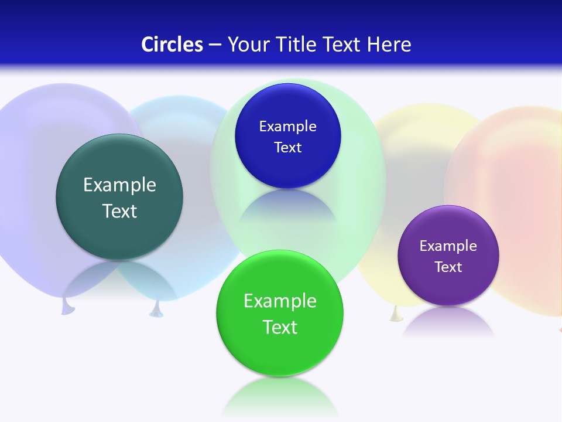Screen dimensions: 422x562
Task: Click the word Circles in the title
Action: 172,45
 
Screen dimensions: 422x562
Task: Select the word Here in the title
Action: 389,45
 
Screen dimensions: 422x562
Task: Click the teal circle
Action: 119,197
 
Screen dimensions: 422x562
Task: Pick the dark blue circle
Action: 287,136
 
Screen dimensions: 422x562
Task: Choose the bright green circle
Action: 280,314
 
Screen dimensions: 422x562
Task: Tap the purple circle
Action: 448,256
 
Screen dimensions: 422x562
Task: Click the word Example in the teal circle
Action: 119,185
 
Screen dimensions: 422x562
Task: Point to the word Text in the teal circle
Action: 119,211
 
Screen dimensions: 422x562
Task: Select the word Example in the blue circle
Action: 287,127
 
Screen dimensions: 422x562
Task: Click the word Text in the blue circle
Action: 287,148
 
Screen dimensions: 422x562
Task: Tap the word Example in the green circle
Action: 280,301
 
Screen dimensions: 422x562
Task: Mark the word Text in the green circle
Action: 280,327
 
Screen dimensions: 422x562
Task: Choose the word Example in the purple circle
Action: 448,246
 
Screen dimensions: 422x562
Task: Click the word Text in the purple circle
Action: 448,267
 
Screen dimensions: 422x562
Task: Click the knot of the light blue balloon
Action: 156,310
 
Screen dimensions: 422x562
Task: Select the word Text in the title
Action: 343,45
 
